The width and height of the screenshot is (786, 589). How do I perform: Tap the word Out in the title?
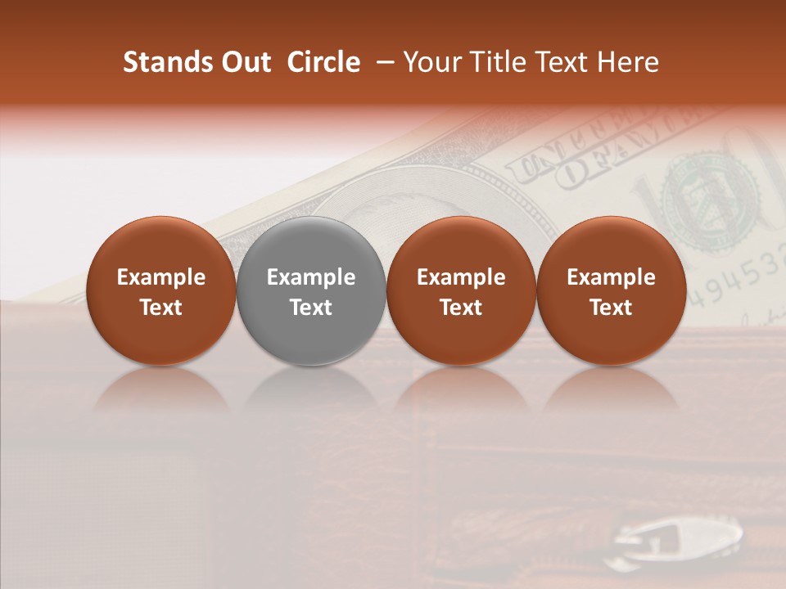click(x=245, y=62)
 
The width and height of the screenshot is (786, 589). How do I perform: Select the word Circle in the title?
click(x=323, y=62)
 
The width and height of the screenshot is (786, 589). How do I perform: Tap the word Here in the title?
click(x=630, y=62)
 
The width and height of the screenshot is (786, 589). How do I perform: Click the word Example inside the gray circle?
click(x=311, y=277)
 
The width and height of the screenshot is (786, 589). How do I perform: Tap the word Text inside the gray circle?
click(x=311, y=308)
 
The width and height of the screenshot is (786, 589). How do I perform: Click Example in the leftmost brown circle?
click(x=161, y=277)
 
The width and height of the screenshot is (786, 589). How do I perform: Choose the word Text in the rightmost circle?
click(x=612, y=308)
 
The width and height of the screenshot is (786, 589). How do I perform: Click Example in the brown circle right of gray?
click(x=461, y=277)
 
